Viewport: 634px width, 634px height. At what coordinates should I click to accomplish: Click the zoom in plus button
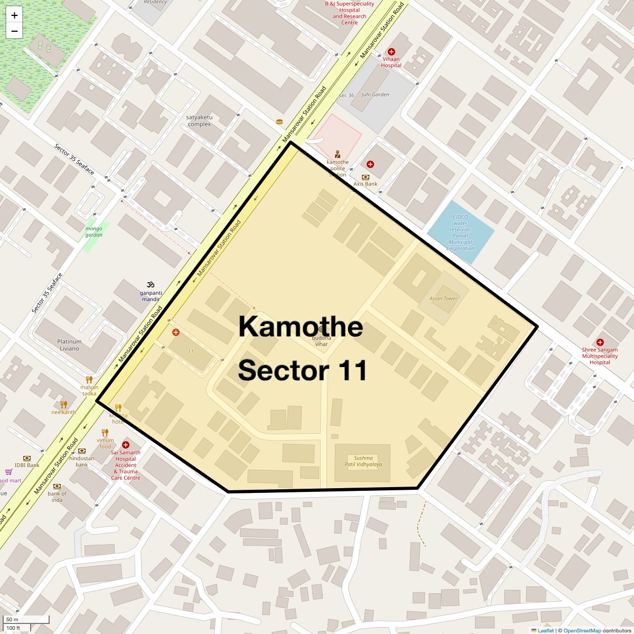click(14, 15)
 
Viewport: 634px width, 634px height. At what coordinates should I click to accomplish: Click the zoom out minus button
click(14, 31)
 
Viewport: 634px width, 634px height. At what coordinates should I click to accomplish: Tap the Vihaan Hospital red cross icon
click(391, 52)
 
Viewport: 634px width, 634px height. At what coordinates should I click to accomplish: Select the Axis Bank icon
click(366, 177)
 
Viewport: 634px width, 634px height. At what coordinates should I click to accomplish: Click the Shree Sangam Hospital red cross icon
click(600, 342)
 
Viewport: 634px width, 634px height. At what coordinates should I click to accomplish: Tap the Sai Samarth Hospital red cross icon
click(126, 445)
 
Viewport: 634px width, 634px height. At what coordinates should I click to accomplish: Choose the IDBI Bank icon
click(27, 458)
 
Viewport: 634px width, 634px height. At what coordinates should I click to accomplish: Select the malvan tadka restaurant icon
click(89, 379)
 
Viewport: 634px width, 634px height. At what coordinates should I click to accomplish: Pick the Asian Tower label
click(443, 299)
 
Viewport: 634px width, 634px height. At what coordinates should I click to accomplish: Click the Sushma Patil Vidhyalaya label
click(363, 461)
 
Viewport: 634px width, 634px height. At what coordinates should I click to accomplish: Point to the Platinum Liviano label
click(69, 345)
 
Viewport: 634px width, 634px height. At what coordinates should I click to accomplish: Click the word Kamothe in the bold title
click(300, 327)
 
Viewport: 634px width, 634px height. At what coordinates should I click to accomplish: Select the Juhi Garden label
click(375, 95)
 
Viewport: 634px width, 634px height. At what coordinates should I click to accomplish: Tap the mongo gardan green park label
click(94, 231)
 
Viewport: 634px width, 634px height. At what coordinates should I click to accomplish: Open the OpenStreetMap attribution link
click(582, 630)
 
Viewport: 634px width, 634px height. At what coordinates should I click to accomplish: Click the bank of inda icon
click(57, 486)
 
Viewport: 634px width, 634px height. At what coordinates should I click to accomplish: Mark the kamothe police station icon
click(338, 154)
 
